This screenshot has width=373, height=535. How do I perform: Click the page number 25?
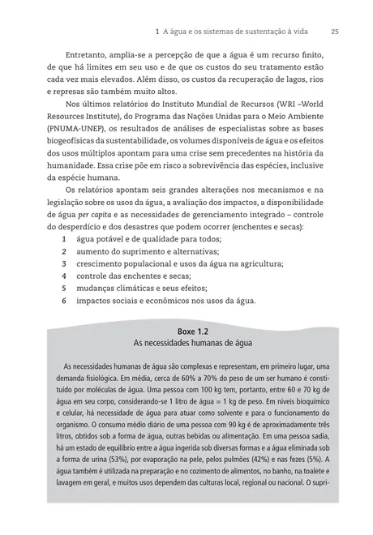tap(335, 32)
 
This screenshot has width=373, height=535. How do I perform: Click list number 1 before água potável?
tap(64, 241)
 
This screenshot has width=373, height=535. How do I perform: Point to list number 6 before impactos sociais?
tap(64, 300)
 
